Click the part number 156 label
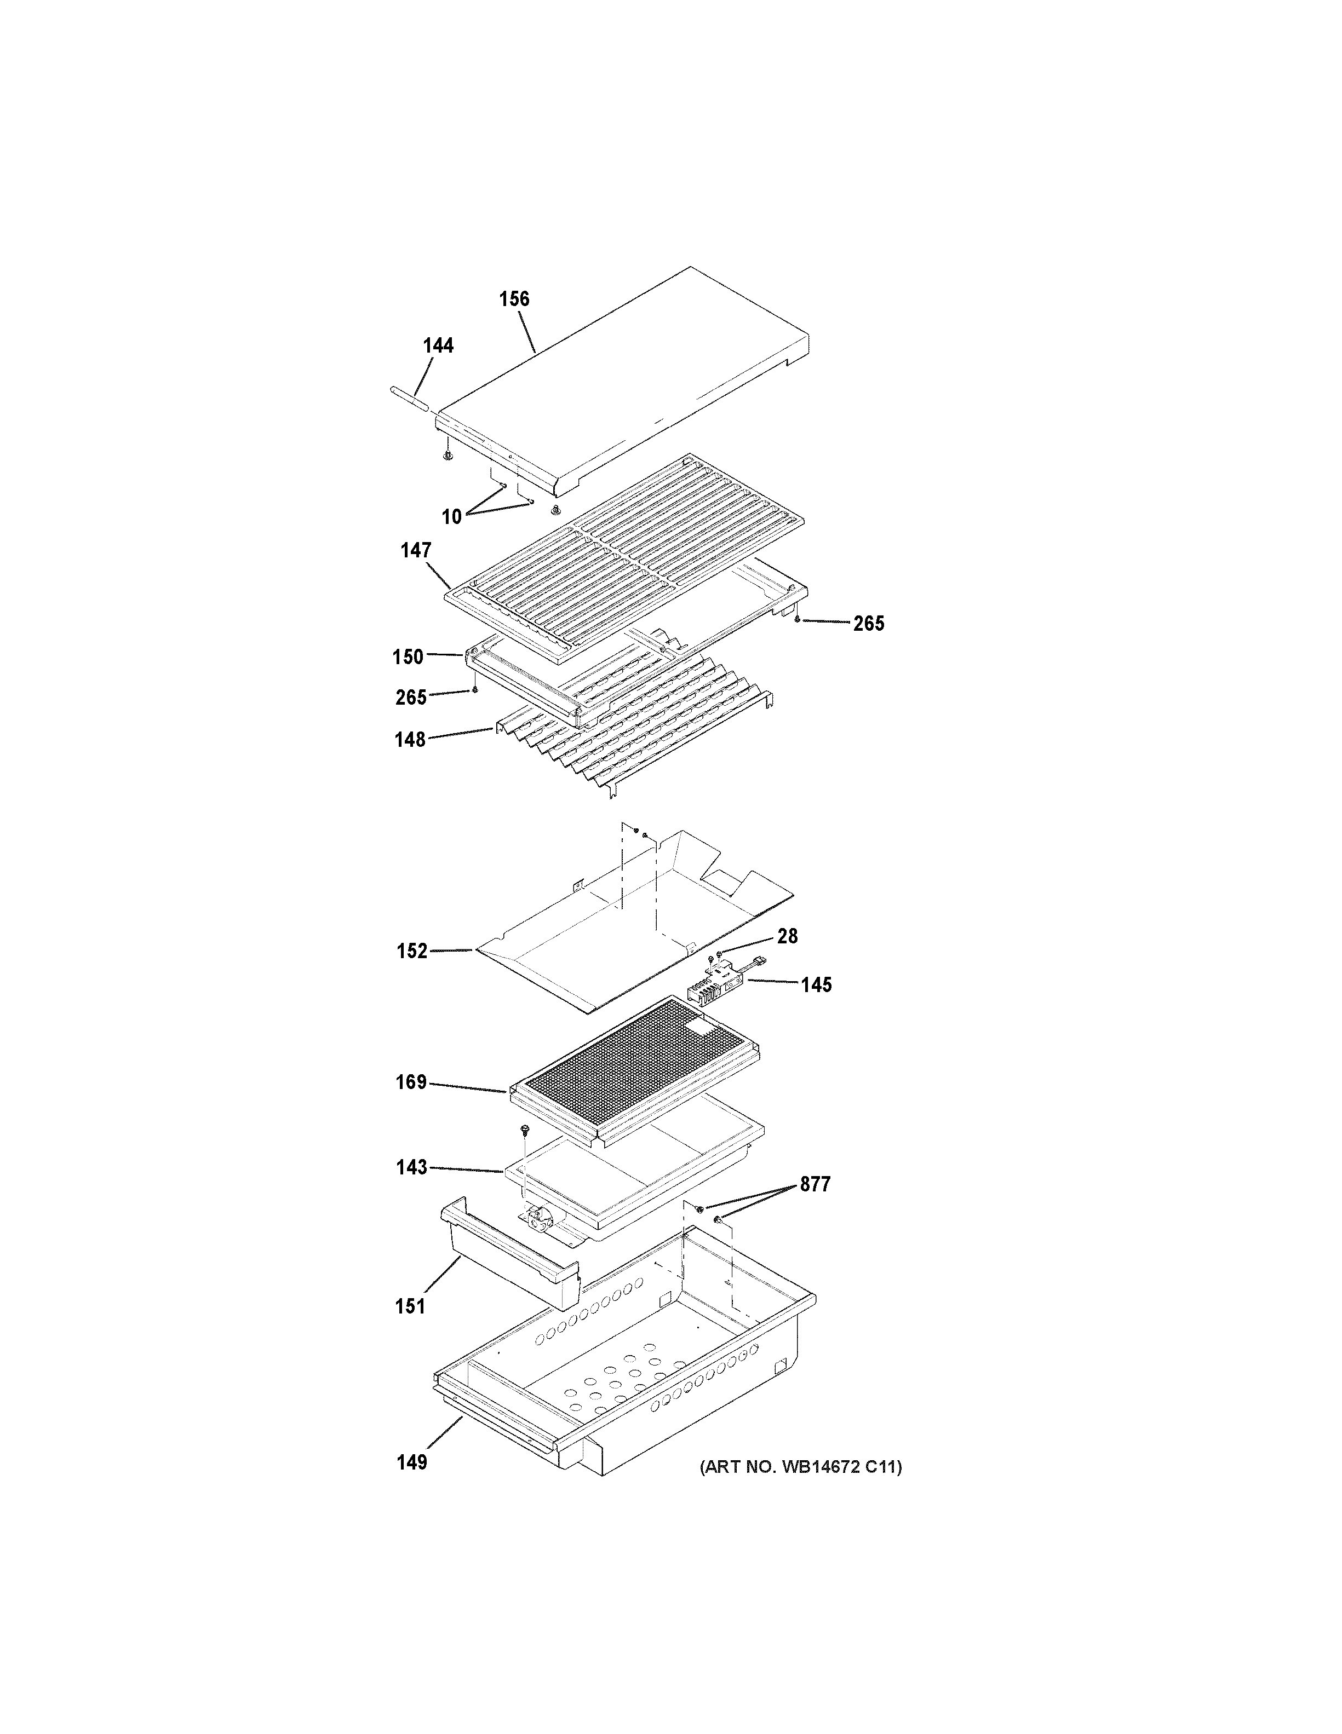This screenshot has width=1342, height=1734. (514, 299)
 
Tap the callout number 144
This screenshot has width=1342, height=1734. (438, 345)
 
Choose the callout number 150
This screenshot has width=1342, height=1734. (408, 656)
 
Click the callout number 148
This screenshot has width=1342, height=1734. (410, 740)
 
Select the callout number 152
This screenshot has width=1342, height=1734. (411, 951)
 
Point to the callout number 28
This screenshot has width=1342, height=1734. (787, 936)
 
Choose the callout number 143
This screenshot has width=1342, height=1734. (411, 1167)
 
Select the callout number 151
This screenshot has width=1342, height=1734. (410, 1306)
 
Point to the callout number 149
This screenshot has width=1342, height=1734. (411, 1462)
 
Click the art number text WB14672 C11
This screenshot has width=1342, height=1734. (800, 1467)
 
